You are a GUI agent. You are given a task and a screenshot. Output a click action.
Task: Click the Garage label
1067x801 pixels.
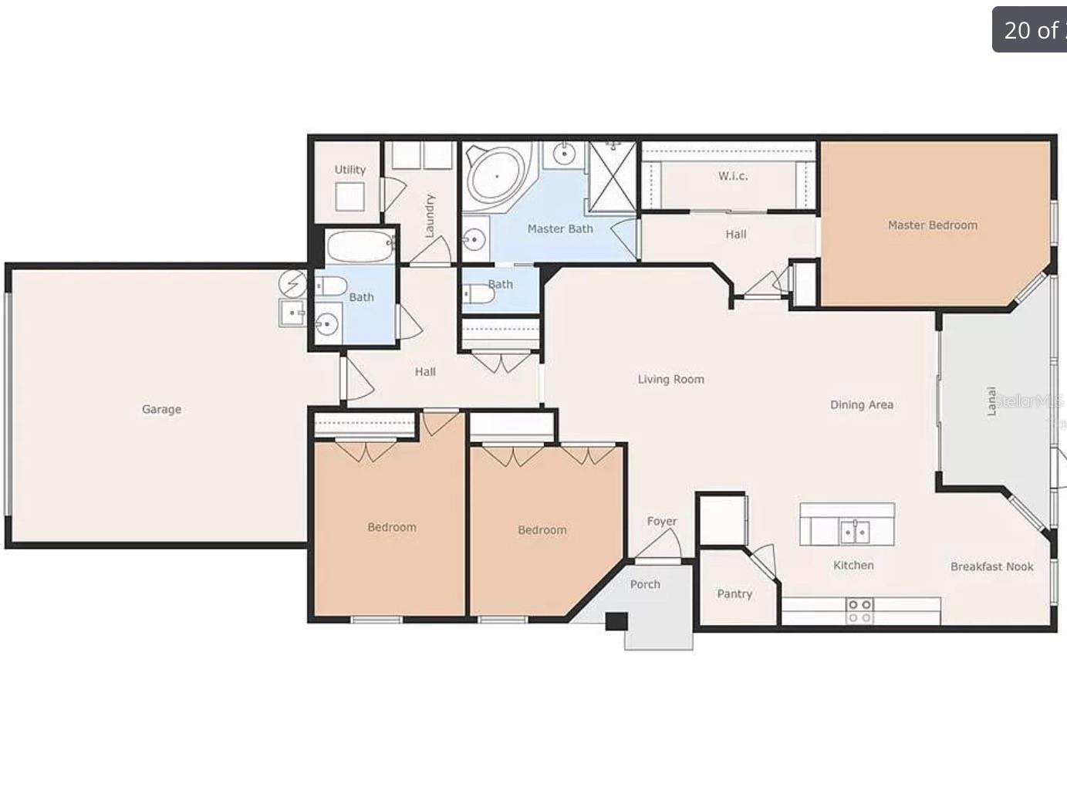(161, 409)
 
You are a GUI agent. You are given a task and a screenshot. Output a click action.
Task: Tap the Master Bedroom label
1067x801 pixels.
(932, 225)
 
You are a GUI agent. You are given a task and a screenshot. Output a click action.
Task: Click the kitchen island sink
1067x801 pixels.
(854, 532)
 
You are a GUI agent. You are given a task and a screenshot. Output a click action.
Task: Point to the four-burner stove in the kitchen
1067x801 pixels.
(859, 610)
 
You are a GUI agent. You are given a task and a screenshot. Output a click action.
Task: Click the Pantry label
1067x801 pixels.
(734, 593)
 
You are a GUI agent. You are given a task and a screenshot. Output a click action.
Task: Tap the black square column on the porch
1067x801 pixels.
(616, 621)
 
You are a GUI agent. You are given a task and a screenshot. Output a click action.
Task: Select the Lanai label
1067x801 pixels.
(992, 401)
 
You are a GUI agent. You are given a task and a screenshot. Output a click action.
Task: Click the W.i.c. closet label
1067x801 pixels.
(732, 176)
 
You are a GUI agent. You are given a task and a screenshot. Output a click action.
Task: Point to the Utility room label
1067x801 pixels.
(349, 170)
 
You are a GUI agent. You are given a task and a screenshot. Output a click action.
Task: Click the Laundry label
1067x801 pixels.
(430, 215)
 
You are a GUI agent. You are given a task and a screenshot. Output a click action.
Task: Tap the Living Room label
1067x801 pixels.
(670, 379)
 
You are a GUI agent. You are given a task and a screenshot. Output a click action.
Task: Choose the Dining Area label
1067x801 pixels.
(861, 404)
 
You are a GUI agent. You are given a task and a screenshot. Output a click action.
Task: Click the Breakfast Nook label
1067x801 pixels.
(991, 566)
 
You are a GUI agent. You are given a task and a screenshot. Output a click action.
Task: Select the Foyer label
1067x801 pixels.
(661, 521)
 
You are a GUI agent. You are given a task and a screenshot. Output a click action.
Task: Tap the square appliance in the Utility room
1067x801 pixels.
(349, 197)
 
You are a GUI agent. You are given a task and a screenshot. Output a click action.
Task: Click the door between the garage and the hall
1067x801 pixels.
(353, 380)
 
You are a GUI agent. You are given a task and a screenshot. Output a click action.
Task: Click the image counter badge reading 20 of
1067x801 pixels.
(1030, 30)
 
